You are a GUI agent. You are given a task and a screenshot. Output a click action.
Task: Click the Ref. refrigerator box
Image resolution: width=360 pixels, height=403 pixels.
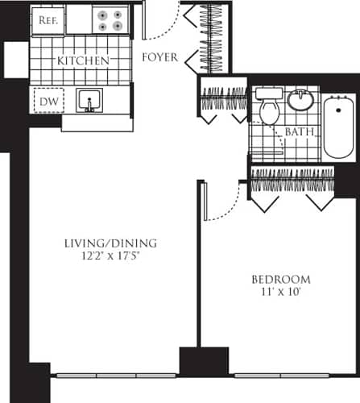click(x=48, y=22)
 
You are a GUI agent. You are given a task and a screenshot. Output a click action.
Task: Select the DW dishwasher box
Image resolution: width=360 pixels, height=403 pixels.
click(x=47, y=101)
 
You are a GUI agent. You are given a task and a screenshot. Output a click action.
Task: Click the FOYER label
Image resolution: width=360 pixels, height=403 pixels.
click(x=159, y=57)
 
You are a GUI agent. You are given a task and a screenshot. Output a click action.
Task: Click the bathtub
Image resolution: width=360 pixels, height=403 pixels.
click(x=338, y=127)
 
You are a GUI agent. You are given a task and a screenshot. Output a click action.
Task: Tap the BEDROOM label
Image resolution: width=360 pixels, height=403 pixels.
click(x=280, y=280)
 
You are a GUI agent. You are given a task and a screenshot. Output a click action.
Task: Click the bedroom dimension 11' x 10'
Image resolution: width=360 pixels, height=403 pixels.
click(x=280, y=293)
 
